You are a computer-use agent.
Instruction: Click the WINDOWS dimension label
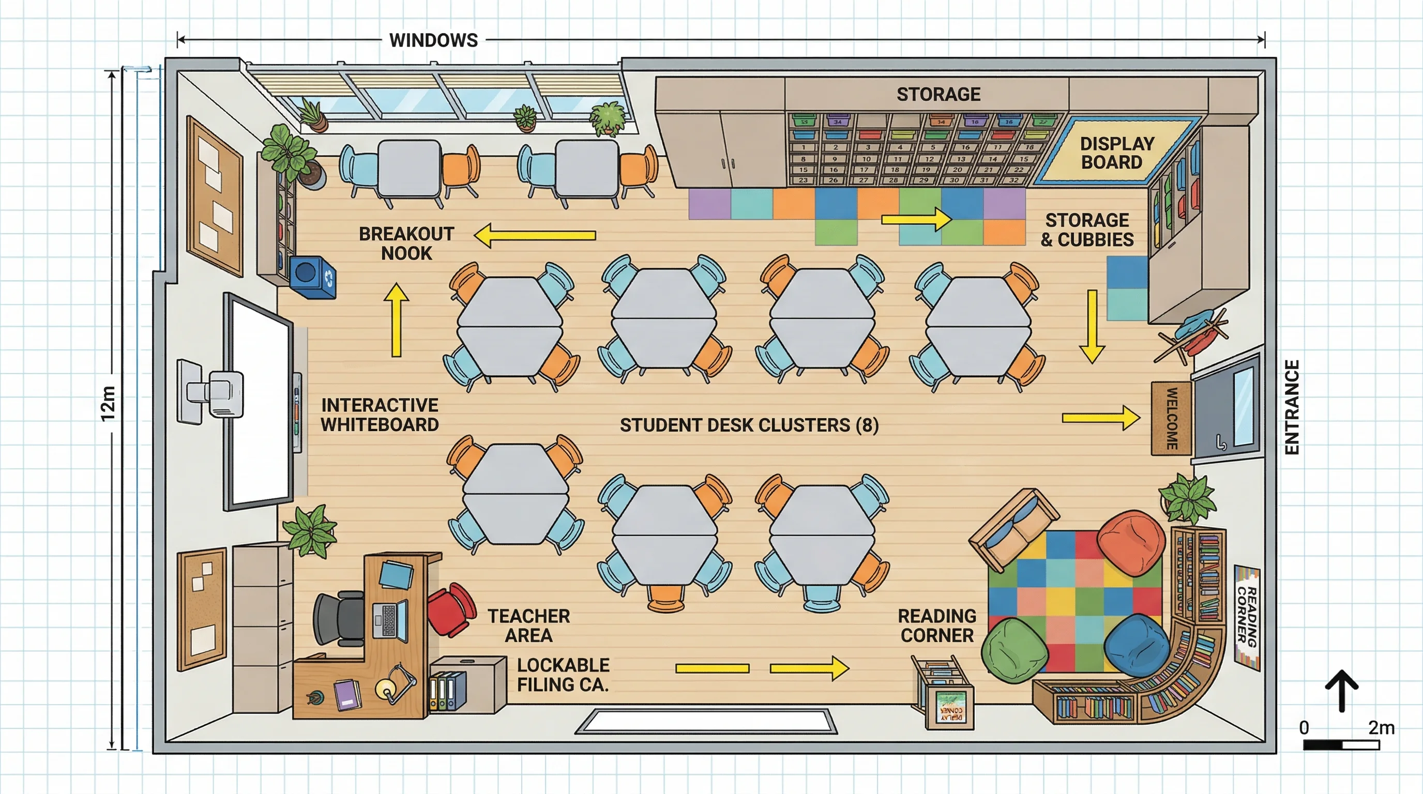coord(433,40)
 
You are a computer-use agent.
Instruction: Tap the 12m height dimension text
coord(108,404)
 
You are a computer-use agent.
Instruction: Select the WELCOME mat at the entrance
coord(1171,418)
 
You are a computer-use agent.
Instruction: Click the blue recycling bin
coord(313,276)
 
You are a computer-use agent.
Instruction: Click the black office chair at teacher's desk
coord(339,618)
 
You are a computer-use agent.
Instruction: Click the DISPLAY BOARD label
coord(1117,153)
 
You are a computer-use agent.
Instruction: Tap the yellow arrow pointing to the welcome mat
coord(1100,418)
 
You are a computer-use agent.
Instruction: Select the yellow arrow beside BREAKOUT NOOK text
coord(535,236)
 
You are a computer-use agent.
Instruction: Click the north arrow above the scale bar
coord(1341,690)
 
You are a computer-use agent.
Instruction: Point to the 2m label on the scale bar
coord(1381,728)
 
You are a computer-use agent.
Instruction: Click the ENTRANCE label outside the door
coord(1292,407)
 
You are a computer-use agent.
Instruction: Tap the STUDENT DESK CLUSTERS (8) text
coord(749,425)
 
